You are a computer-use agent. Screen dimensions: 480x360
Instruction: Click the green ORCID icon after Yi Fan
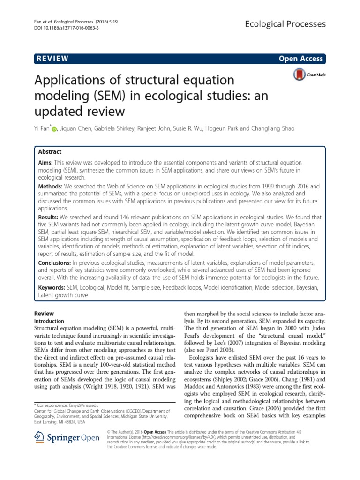tap(54, 129)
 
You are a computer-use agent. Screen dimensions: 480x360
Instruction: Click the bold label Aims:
tap(46, 161)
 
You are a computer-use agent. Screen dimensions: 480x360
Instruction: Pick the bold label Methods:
tap(50, 186)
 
